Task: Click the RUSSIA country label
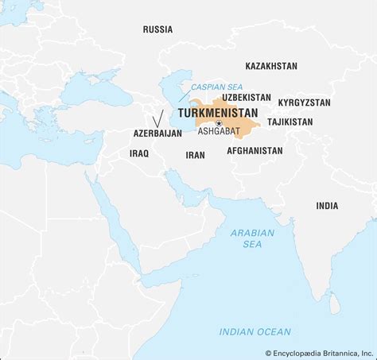[157, 29]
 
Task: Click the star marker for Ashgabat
[218, 122]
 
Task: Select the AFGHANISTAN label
[255, 150]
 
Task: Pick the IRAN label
[196, 156]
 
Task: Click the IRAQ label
[139, 153]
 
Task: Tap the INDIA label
[326, 206]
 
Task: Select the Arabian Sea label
[251, 239]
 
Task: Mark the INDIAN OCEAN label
[255, 331]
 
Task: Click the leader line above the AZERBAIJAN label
[160, 118]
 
